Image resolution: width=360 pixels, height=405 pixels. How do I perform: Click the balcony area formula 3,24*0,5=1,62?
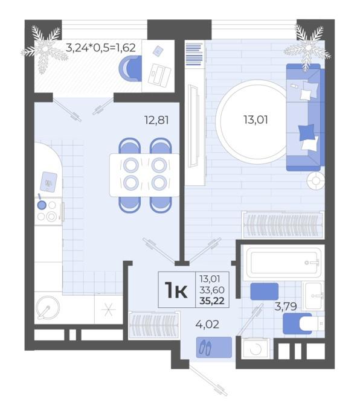101,48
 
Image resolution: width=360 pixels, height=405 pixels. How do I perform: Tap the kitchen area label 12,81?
156,120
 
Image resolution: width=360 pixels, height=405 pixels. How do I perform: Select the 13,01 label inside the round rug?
256,120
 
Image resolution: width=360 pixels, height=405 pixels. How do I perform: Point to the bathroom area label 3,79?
286,307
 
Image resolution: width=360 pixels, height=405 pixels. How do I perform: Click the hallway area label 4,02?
207,324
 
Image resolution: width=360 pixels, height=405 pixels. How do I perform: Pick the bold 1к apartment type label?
177,290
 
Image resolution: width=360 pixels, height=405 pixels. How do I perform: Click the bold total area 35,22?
211,301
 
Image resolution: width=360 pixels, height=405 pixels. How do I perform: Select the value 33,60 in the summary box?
211,290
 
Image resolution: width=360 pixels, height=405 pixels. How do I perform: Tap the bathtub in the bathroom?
283,263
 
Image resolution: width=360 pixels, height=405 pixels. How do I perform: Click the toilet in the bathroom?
304,324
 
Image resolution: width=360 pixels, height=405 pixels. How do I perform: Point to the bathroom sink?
313,296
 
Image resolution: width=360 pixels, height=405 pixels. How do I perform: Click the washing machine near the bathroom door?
256,349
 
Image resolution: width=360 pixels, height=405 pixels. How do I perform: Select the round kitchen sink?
48,308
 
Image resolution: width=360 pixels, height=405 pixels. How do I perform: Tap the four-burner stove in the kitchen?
48,211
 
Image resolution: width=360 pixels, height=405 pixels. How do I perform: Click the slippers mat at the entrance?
214,348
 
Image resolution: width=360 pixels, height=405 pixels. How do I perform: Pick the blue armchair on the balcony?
130,68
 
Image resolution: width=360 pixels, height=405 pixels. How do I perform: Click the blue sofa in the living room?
305,117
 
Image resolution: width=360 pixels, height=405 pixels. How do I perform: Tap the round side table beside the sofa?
315,180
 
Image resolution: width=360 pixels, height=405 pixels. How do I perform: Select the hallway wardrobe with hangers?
154,325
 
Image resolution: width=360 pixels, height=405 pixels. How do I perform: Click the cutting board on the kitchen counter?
48,182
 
